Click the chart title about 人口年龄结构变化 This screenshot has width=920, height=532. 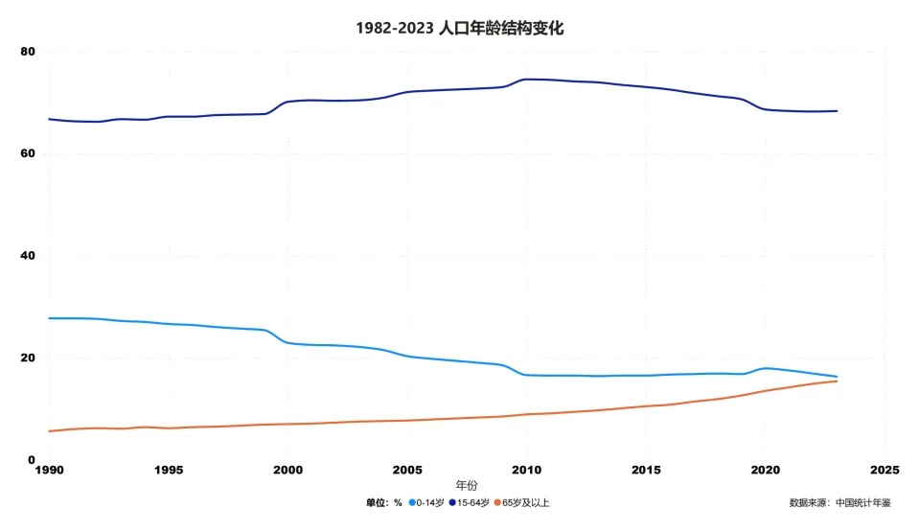(460, 28)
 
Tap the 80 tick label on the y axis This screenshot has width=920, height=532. (29, 52)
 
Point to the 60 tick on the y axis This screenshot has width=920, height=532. (29, 153)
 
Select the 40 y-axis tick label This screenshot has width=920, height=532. (29, 256)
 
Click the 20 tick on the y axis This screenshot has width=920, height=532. (29, 359)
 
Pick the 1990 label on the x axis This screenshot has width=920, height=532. (49, 471)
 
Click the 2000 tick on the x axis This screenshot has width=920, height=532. (287, 471)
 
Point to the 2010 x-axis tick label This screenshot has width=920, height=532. (526, 471)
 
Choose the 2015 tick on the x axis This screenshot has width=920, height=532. (645, 471)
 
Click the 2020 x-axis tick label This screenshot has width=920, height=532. (765, 471)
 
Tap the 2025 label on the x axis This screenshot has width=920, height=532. (884, 471)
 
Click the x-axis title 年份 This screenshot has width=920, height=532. (467, 486)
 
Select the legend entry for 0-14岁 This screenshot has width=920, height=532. (428, 502)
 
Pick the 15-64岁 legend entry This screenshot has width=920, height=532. (472, 502)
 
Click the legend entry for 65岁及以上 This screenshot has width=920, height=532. (525, 502)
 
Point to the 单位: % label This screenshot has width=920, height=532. (383, 502)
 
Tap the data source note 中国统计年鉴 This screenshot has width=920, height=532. (839, 502)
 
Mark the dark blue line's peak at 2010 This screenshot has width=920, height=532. (526, 79)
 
